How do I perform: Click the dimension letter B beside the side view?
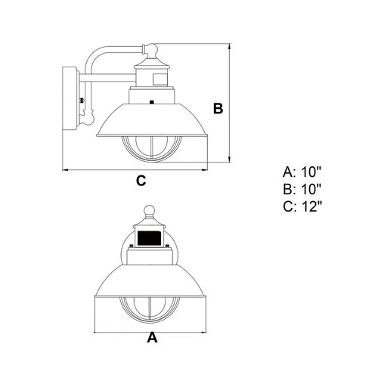(218, 109)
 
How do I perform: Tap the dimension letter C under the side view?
(141, 180)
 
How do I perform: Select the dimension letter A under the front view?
(152, 338)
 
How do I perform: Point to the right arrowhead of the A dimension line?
(207, 330)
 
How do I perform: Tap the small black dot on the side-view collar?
(152, 101)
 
